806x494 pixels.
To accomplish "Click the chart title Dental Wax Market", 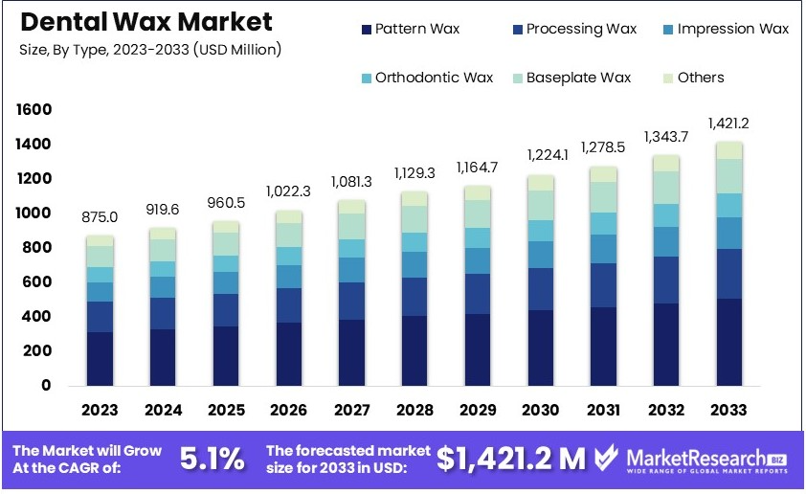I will point(145,21).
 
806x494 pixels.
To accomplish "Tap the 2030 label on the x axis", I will point(540,410).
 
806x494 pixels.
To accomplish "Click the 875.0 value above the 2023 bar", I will point(100,217).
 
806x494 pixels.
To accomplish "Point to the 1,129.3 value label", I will point(415,173).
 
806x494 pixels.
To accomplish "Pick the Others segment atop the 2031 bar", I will point(603,174).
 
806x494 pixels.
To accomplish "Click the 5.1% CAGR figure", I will point(212,459).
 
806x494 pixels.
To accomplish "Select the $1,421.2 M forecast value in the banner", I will point(511,459).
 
